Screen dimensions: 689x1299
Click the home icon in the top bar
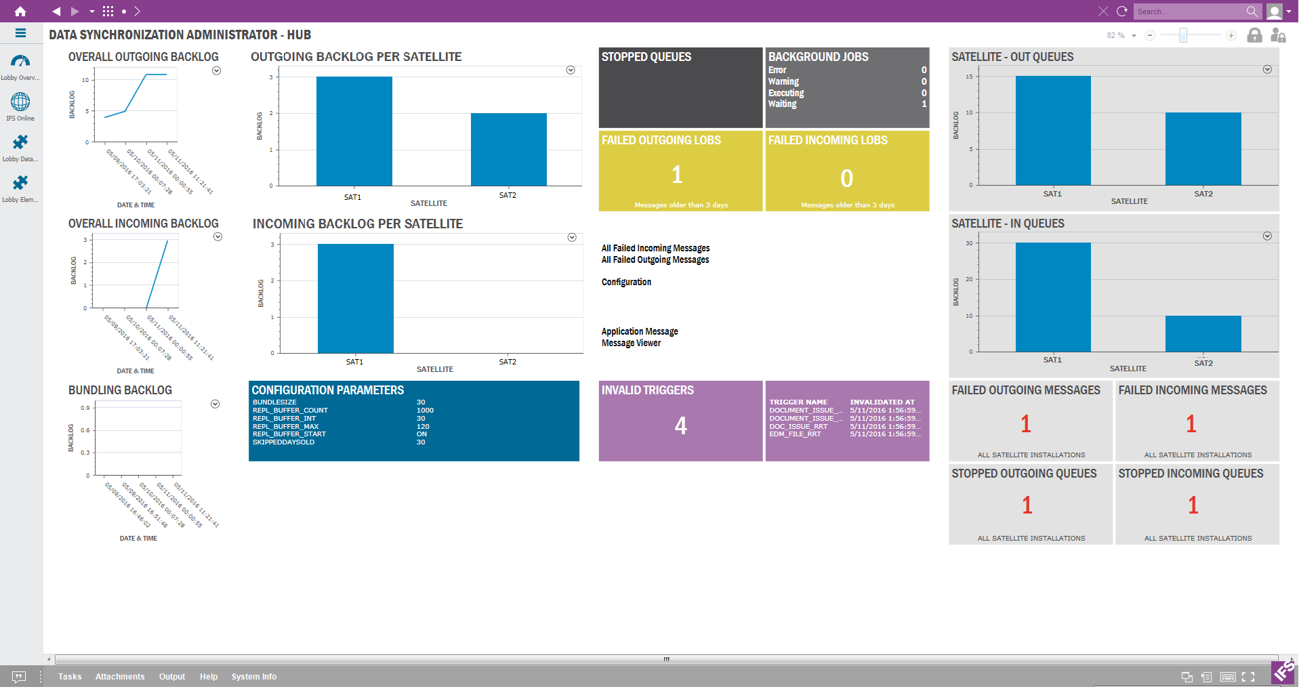pyautogui.click(x=20, y=11)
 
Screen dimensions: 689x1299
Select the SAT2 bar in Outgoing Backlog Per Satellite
pyautogui.click(x=508, y=150)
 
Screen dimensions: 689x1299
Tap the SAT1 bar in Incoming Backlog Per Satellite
pyautogui.click(x=355, y=299)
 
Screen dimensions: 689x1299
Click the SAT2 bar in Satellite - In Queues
pyautogui.click(x=1203, y=334)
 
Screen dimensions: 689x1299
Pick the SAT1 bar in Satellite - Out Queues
pyautogui.click(x=1052, y=131)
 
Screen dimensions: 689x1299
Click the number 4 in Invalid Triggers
pyautogui.click(x=680, y=426)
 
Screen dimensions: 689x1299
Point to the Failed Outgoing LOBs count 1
pyautogui.click(x=677, y=175)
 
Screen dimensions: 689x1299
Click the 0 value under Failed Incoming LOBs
pyautogui.click(x=846, y=179)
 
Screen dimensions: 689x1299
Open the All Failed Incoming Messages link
pyautogui.click(x=655, y=249)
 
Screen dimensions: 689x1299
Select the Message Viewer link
pyautogui.click(x=631, y=343)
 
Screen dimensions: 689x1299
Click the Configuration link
pyautogui.click(x=626, y=283)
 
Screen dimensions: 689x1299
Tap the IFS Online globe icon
pyautogui.click(x=20, y=102)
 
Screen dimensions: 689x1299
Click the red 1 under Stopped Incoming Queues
pyautogui.click(x=1193, y=505)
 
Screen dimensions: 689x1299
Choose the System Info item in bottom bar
pyautogui.click(x=253, y=677)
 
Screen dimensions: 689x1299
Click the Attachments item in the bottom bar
pyautogui.click(x=120, y=677)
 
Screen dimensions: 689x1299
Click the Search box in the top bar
pyautogui.click(x=1189, y=12)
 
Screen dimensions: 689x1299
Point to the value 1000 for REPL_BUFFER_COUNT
pyautogui.click(x=425, y=411)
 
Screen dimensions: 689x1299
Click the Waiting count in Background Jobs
pyautogui.click(x=924, y=104)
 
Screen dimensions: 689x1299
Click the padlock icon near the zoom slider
pyautogui.click(x=1254, y=35)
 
